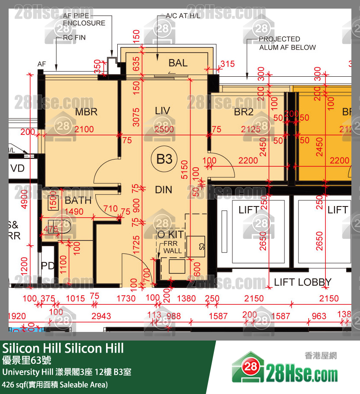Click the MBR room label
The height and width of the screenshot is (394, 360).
tap(86, 112)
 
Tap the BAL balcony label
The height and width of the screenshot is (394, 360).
tap(178, 63)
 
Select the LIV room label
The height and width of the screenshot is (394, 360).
tap(163, 111)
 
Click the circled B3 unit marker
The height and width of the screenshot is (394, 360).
tap(164, 159)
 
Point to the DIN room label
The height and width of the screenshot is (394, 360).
tap(163, 190)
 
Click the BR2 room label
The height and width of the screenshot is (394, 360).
tap(244, 112)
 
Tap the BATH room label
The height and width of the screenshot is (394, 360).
tap(78, 200)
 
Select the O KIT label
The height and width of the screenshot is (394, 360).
tap(170, 235)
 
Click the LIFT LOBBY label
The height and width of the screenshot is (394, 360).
tap(303, 282)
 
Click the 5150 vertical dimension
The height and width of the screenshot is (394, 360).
tap(185, 170)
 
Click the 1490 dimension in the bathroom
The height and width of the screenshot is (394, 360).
tap(74, 212)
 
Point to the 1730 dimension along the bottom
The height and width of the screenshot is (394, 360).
tap(126, 298)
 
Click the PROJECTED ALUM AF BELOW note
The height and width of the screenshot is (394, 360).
tap(287, 43)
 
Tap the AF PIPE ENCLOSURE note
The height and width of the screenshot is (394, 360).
tap(84, 19)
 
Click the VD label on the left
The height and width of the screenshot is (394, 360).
tap(18, 168)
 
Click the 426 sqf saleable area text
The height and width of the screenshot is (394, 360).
tap(55, 385)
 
